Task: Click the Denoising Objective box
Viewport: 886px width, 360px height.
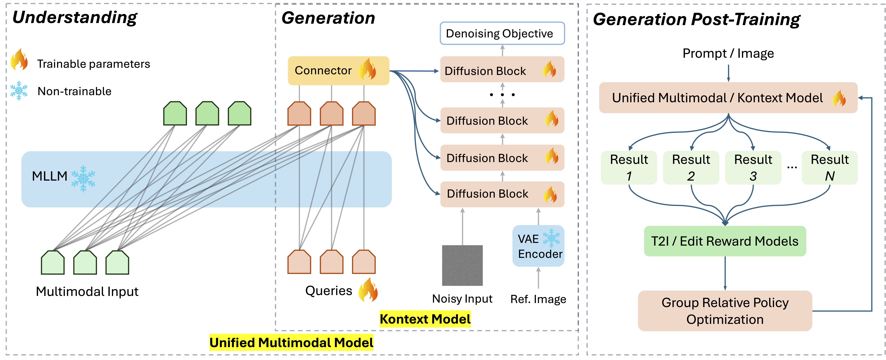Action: (502, 33)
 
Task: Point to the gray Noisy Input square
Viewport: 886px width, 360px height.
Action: (462, 265)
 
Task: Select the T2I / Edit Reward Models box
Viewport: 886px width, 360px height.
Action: (725, 241)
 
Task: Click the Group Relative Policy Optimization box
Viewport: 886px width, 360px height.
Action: (725, 311)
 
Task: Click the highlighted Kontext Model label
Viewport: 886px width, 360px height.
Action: (425, 319)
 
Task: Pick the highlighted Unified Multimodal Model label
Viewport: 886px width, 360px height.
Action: (291, 342)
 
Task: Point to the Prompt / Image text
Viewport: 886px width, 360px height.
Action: (728, 53)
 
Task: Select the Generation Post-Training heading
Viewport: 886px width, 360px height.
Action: (697, 19)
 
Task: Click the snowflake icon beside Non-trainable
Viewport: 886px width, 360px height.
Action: (19, 90)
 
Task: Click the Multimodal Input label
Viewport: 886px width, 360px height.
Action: (87, 292)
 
